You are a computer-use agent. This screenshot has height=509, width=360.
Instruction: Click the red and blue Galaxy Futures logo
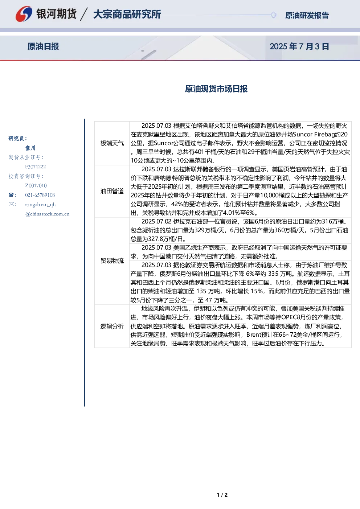tap(24, 14)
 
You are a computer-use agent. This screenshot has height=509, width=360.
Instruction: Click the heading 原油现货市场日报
tap(216, 89)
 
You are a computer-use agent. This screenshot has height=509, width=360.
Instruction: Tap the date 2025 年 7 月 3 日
tap(299, 46)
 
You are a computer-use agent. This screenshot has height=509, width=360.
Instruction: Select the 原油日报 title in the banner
tap(43, 46)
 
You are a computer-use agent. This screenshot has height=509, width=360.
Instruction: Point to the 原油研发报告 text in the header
tap(307, 15)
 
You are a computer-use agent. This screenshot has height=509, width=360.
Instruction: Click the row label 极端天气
tap(112, 143)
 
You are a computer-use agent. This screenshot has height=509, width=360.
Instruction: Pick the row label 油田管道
tap(112, 191)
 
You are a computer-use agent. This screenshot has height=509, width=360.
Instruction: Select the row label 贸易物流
tap(112, 260)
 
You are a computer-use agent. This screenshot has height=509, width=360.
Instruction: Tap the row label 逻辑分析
tap(112, 326)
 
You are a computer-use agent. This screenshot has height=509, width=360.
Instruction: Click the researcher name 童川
tap(30, 148)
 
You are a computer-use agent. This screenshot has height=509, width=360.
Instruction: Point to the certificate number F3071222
tap(36, 167)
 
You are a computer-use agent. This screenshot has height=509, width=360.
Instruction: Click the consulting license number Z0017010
tap(36, 186)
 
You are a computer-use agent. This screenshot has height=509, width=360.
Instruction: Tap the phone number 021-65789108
tap(40, 195)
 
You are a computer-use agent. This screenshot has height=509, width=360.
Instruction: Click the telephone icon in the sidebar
tap(11, 195)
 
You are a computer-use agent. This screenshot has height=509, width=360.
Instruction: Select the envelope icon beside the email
tap(11, 204)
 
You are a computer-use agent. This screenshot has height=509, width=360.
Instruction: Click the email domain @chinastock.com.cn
tap(47, 214)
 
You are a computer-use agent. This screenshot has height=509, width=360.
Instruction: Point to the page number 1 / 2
tap(222, 495)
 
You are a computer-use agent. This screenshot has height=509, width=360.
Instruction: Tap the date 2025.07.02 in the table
tap(156, 221)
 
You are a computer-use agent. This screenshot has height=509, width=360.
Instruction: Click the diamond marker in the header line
tap(273, 15)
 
